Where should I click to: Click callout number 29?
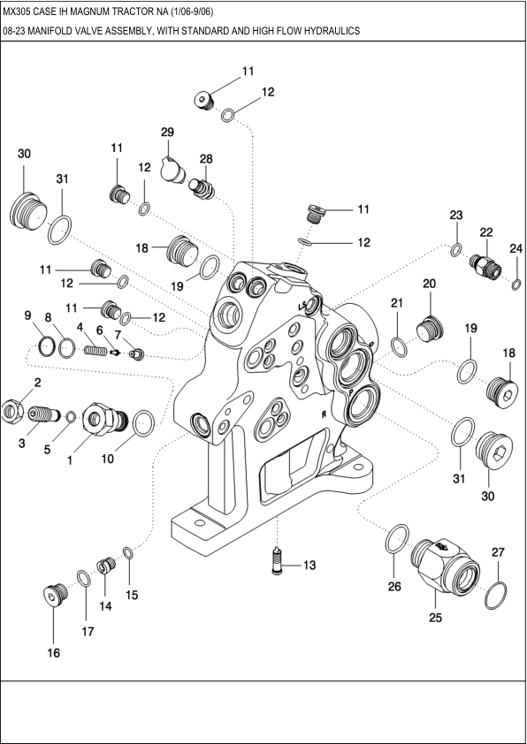[167, 132]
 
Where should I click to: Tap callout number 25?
[435, 618]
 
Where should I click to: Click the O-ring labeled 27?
[497, 595]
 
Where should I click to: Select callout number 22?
[485, 231]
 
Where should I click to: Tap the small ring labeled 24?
[516, 283]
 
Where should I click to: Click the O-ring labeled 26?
[398, 536]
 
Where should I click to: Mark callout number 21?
[397, 303]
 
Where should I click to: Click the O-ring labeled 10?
[142, 423]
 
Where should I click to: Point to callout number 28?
[206, 159]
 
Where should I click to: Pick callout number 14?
[105, 606]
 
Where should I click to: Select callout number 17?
[86, 632]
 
